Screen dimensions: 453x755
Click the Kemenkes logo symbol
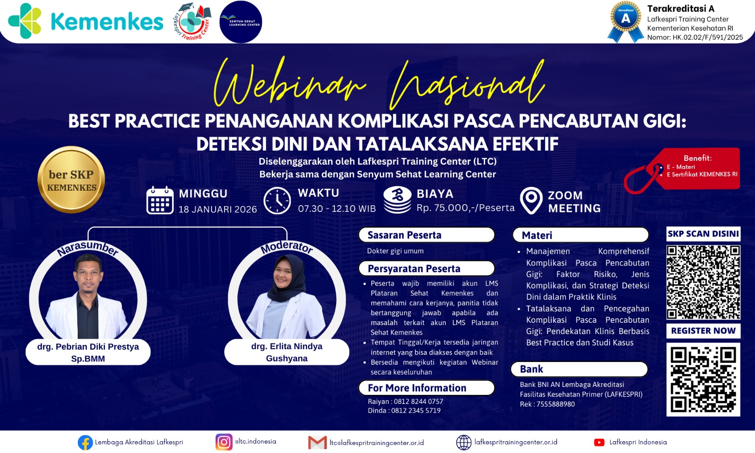point(25,21)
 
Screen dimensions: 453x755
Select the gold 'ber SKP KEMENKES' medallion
point(71,180)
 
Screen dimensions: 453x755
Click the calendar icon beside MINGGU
point(160,201)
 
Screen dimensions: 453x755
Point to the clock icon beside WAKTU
point(277,201)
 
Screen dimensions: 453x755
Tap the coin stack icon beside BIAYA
point(397,200)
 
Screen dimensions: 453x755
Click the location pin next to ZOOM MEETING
point(531,201)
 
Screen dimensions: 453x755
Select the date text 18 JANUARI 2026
point(218,209)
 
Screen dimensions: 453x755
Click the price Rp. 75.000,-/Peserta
point(465,208)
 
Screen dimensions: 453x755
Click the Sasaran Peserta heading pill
point(427,235)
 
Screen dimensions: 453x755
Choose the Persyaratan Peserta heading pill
point(427,268)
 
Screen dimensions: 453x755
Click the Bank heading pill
point(579,369)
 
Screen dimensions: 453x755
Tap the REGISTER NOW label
point(703,331)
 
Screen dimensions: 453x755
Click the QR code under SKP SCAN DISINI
point(703,282)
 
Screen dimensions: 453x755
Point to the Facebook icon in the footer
point(85,443)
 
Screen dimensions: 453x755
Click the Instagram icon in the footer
point(224,442)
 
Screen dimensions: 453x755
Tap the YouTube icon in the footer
point(599,442)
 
